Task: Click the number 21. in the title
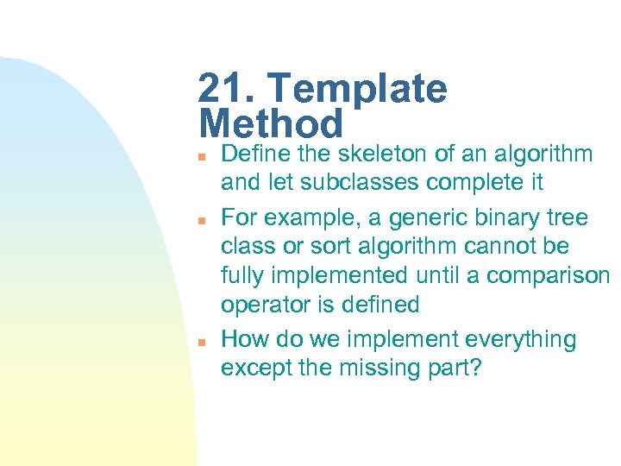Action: [227, 89]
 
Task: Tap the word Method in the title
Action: [271, 124]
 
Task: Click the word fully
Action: [242, 277]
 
